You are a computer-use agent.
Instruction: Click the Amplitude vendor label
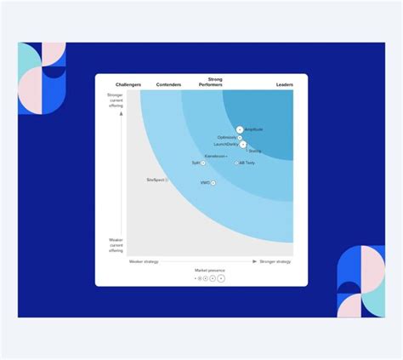[x=253, y=130]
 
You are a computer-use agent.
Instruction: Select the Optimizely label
[x=227, y=137]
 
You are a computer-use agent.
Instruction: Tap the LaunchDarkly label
[x=226, y=144]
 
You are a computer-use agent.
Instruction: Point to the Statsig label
[x=255, y=151]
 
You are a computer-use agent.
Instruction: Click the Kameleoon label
[x=215, y=156]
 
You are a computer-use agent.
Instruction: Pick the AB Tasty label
[x=247, y=163]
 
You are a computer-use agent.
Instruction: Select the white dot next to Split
[x=203, y=163]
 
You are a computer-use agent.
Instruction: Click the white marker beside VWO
[x=213, y=183]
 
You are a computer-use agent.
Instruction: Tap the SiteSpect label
[x=156, y=180]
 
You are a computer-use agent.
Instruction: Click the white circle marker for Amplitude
[x=240, y=130]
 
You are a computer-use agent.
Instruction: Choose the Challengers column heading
[x=128, y=85]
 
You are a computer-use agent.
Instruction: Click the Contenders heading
[x=168, y=85]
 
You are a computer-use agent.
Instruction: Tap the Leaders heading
[x=285, y=85]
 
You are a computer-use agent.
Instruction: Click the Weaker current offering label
[x=116, y=245]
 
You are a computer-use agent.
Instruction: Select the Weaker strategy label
[x=144, y=261]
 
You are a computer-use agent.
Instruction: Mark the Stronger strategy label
[x=275, y=261]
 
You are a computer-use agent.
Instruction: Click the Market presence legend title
[x=209, y=270]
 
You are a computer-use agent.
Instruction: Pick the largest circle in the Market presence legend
[x=221, y=278]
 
